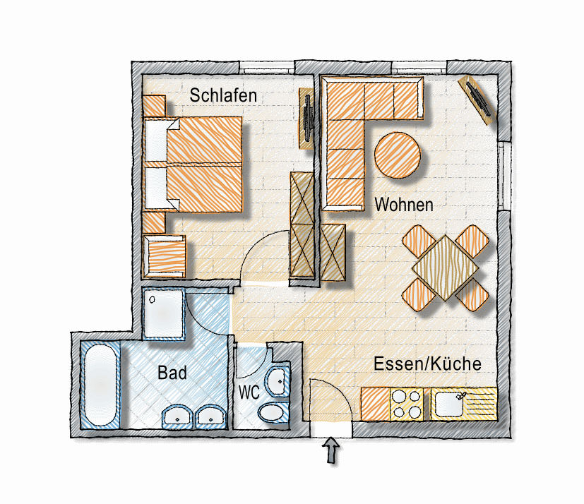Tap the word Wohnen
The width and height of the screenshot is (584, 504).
click(404, 205)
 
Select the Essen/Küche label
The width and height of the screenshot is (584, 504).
click(427, 364)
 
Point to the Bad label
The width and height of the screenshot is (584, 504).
click(172, 373)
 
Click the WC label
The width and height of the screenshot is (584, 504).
click(249, 392)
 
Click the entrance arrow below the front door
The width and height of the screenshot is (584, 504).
click(331, 450)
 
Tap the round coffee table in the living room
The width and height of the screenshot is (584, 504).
click(398, 155)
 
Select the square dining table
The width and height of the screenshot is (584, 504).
click(446, 268)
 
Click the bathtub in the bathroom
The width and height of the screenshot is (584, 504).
click(100, 385)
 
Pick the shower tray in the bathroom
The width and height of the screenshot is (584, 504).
click(164, 313)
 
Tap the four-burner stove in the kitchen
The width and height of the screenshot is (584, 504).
click(407, 404)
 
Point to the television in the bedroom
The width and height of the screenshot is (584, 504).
click(307, 119)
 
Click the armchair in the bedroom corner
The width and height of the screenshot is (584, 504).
click(165, 256)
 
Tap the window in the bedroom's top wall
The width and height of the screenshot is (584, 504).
click(267, 67)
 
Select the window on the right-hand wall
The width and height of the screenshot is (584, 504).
click(504, 175)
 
